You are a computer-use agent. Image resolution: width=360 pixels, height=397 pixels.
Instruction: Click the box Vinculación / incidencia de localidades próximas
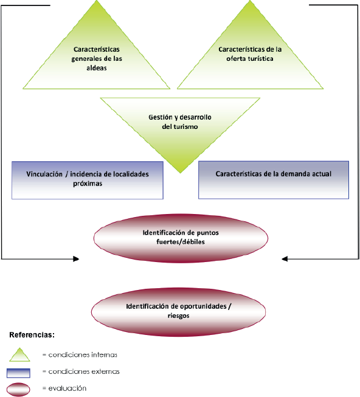(x=88, y=179)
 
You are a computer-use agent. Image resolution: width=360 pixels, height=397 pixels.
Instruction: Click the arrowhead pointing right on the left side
(x=76, y=259)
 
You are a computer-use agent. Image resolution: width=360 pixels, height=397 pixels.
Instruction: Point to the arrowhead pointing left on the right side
(x=285, y=259)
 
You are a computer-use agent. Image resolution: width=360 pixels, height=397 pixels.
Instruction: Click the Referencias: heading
(x=32, y=335)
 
